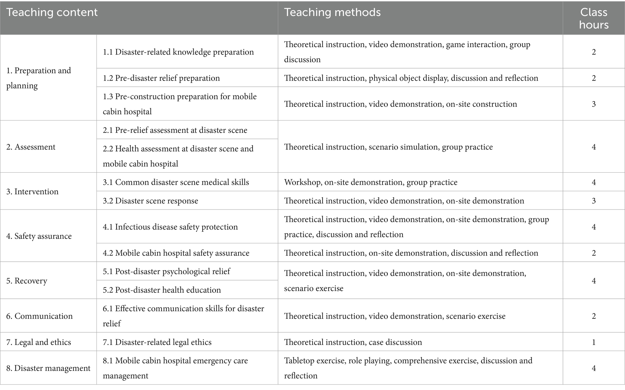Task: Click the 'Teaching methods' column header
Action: tap(332, 12)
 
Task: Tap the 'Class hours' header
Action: tap(594, 18)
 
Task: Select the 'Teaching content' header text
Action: tap(52, 12)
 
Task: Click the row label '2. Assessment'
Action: tap(31, 147)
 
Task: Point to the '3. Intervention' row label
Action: tap(32, 192)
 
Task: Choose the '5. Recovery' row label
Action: tap(27, 281)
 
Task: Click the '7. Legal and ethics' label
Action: tap(39, 342)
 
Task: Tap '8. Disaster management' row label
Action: tap(48, 368)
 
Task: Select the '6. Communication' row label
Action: tap(40, 316)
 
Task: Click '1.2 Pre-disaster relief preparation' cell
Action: tap(161, 78)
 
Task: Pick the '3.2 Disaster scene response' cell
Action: tap(151, 201)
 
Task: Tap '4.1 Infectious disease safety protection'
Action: tap(170, 227)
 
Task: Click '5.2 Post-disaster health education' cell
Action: tap(162, 290)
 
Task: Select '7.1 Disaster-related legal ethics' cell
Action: tap(157, 342)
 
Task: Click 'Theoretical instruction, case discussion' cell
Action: tap(353, 342)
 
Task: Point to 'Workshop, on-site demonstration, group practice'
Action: tap(371, 182)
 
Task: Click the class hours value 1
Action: tap(594, 342)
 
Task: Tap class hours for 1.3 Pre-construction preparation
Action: tap(594, 104)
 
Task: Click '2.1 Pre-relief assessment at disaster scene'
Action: tap(175, 130)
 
